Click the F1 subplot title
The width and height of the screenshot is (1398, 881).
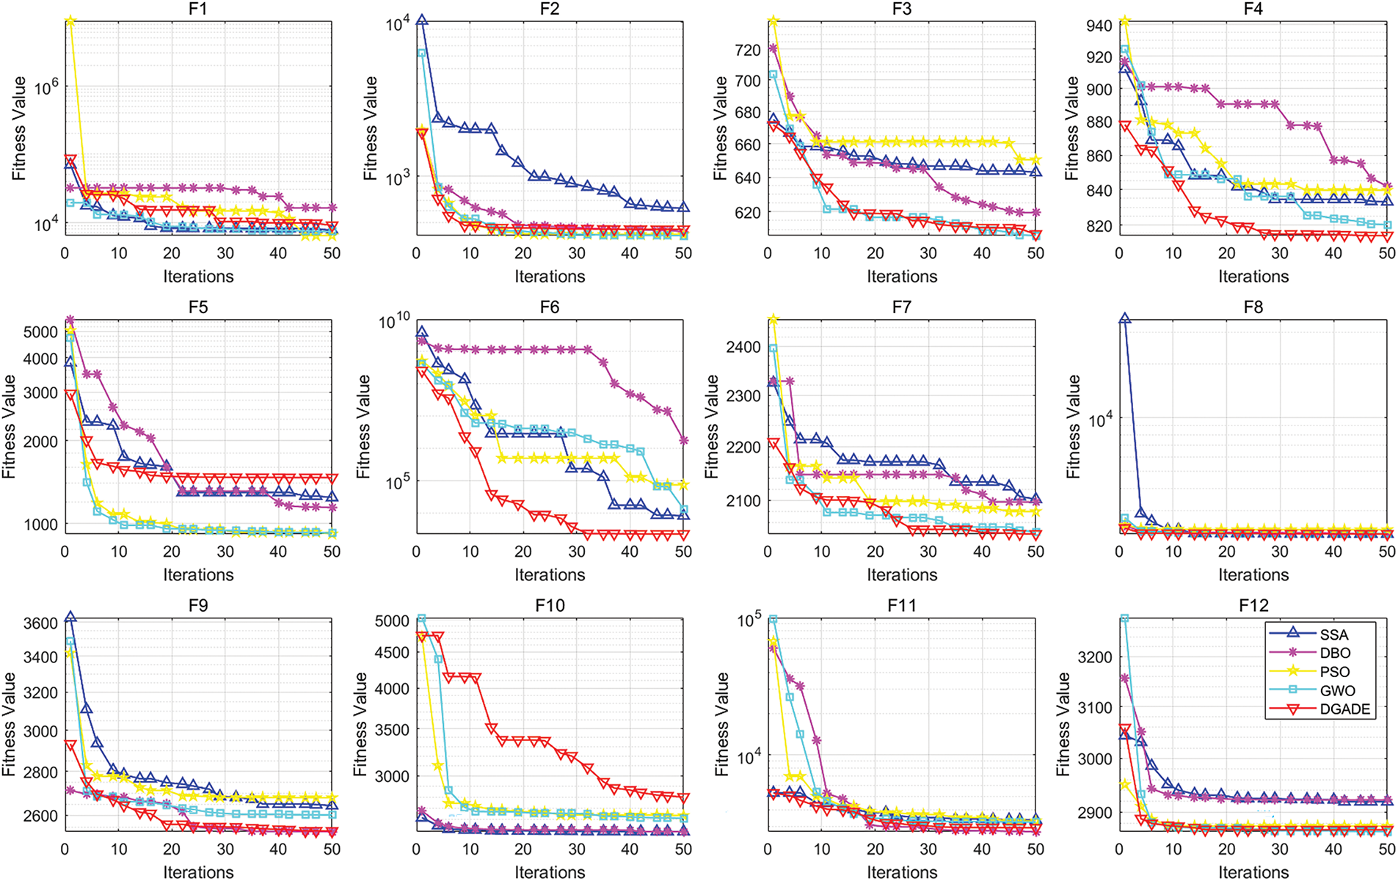(197, 9)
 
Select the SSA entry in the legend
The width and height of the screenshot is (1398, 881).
(1334, 635)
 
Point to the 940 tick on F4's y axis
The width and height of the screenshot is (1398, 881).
(1099, 26)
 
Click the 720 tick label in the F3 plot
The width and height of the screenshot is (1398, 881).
(747, 50)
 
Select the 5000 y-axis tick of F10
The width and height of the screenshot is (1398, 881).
(392, 621)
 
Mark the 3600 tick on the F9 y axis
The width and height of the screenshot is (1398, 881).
(40, 623)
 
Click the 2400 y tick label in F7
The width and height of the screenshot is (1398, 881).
(743, 347)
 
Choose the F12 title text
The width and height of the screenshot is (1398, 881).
(1253, 605)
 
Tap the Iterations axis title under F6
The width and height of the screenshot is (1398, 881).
(550, 574)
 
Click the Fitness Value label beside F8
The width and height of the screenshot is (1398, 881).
(1073, 426)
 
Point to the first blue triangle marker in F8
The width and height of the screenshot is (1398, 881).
(1124, 319)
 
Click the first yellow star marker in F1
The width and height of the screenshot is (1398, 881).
(70, 21)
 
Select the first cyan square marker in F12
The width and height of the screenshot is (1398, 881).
(1124, 618)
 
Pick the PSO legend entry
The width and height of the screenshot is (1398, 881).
(1334, 672)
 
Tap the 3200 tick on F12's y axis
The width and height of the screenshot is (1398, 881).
(1095, 657)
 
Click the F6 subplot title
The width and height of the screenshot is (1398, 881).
(549, 307)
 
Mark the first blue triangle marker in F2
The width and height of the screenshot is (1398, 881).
(421, 21)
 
